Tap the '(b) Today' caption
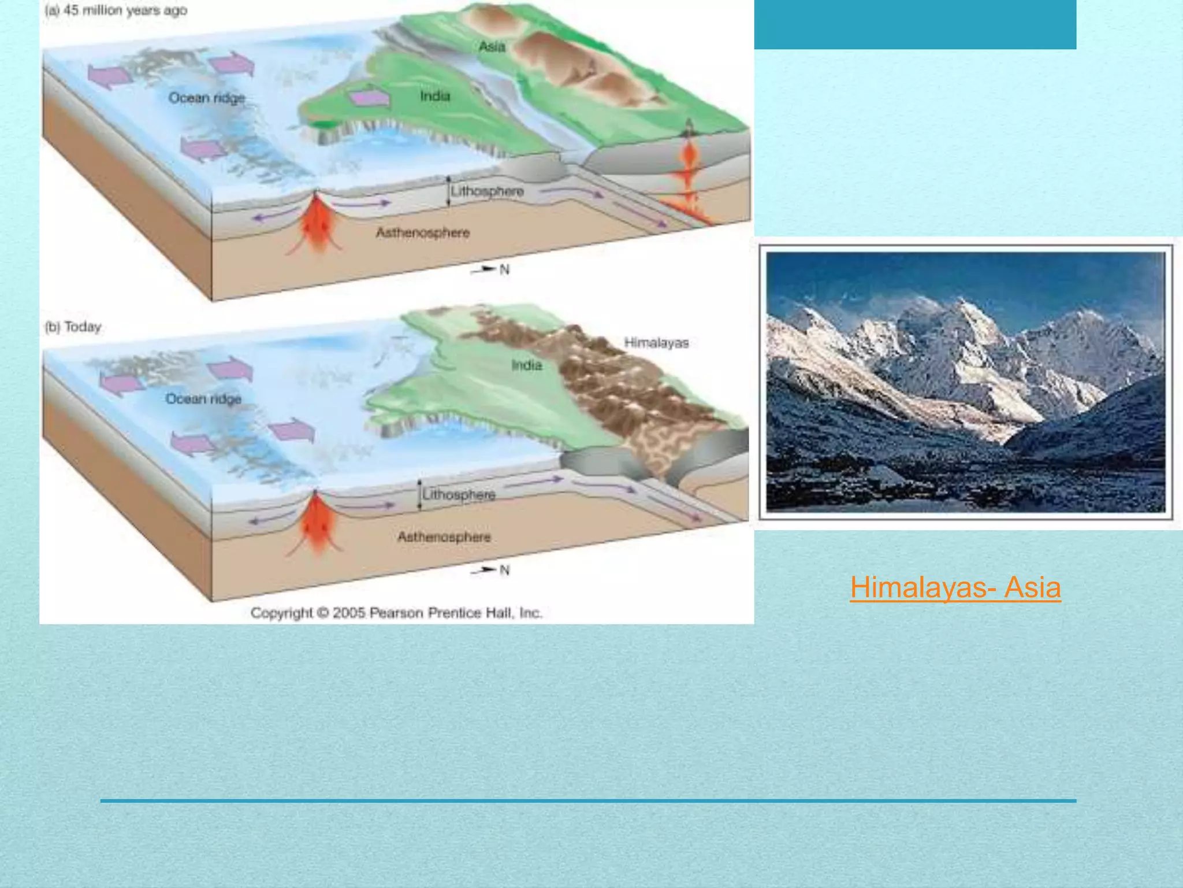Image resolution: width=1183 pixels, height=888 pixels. [73, 327]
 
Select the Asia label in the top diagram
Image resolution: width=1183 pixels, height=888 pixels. [492, 46]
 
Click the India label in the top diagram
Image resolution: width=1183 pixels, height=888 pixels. [435, 96]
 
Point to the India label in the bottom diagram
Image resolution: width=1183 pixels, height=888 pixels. [526, 365]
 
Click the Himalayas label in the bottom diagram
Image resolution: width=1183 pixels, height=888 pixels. [656, 343]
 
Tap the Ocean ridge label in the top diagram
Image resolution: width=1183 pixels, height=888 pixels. [207, 98]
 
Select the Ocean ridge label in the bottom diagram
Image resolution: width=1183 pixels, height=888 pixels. [203, 399]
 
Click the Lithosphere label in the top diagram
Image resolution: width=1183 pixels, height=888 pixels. [487, 191]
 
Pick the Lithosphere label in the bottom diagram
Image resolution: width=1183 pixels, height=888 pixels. [459, 495]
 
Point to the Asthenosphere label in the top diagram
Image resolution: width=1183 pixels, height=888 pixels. [423, 232]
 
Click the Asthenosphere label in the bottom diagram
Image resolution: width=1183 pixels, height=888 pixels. [444, 537]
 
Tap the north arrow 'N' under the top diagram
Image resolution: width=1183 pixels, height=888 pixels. [504, 269]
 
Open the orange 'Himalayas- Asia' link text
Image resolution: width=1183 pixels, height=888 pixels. [955, 587]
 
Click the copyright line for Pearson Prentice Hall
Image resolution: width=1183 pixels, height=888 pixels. [396, 613]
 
